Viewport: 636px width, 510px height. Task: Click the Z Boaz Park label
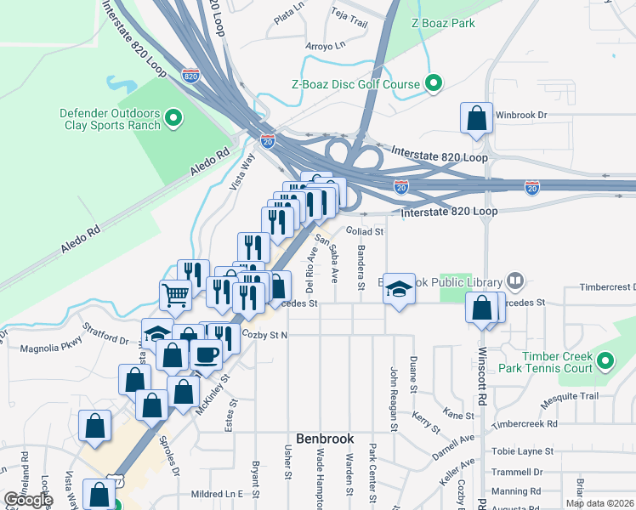[442, 24]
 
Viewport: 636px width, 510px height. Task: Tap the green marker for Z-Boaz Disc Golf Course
[434, 83]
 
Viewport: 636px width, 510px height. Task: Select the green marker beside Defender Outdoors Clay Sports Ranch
[173, 117]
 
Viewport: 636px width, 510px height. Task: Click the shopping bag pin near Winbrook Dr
[476, 118]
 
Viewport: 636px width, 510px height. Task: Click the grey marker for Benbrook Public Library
[514, 280]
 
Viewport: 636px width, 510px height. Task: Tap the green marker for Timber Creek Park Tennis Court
[605, 361]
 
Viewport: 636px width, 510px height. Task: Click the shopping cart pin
[175, 295]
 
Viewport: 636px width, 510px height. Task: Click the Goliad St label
[366, 230]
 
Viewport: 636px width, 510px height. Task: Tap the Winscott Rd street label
[482, 376]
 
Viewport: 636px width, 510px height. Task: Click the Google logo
[27, 500]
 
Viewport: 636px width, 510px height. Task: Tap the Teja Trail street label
[348, 14]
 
